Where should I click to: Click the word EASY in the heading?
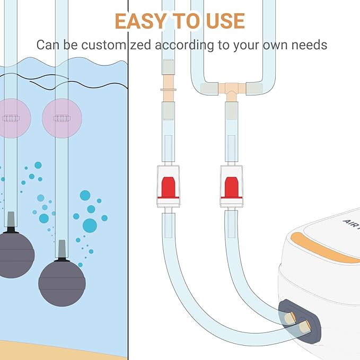141,21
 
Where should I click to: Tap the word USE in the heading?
225,21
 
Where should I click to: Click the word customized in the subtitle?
117,45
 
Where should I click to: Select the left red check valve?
168,186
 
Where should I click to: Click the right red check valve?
231,186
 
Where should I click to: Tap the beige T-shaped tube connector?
232,91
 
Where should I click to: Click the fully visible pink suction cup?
62,118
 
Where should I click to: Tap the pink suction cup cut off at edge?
14,118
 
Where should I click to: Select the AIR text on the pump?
351,224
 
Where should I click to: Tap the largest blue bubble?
90,225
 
